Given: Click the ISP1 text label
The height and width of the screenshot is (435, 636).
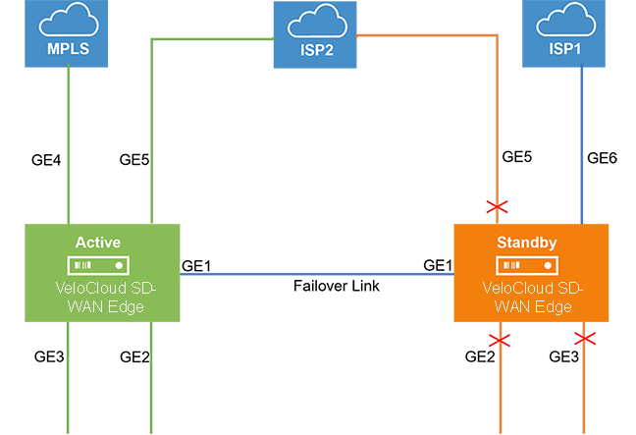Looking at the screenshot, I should (564, 47).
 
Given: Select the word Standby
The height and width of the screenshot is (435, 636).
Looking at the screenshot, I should (528, 242).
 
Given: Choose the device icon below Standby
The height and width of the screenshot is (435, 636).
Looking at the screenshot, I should (528, 266).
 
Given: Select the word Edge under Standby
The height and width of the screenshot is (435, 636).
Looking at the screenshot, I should (553, 307).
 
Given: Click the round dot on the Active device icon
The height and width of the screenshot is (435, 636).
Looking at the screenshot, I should (120, 266).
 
